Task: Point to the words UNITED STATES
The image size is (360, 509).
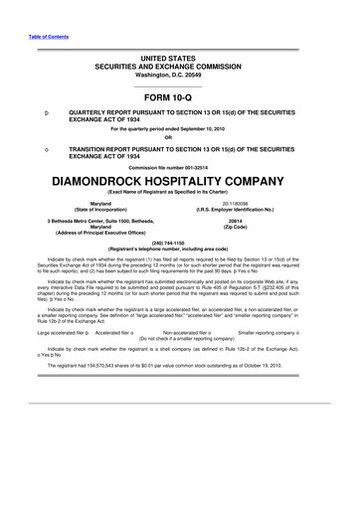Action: point(180,61)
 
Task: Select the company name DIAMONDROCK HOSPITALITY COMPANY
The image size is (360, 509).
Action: point(180,183)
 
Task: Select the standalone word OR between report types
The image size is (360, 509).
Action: point(180,136)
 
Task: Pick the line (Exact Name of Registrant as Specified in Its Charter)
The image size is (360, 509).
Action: point(180,195)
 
